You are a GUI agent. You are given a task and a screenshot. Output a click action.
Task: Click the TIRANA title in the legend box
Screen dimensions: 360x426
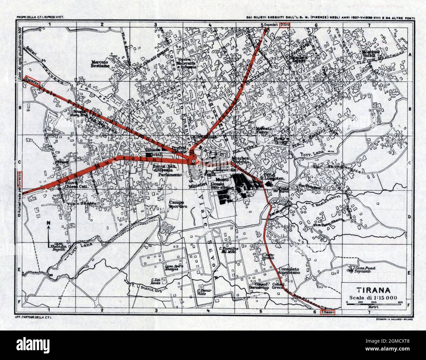tap(374, 290)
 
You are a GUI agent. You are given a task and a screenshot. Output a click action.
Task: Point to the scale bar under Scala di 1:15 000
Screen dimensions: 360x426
tap(374, 304)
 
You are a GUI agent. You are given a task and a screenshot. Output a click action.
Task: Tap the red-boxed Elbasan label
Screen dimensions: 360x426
tap(328, 312)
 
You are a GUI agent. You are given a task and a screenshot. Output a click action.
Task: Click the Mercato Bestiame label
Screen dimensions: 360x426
tap(100, 64)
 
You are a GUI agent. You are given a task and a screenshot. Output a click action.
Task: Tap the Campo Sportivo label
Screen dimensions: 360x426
tap(176, 205)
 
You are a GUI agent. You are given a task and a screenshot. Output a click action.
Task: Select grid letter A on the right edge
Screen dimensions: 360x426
tap(409, 55)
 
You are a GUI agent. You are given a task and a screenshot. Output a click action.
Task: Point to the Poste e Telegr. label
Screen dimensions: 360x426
tap(281, 140)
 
